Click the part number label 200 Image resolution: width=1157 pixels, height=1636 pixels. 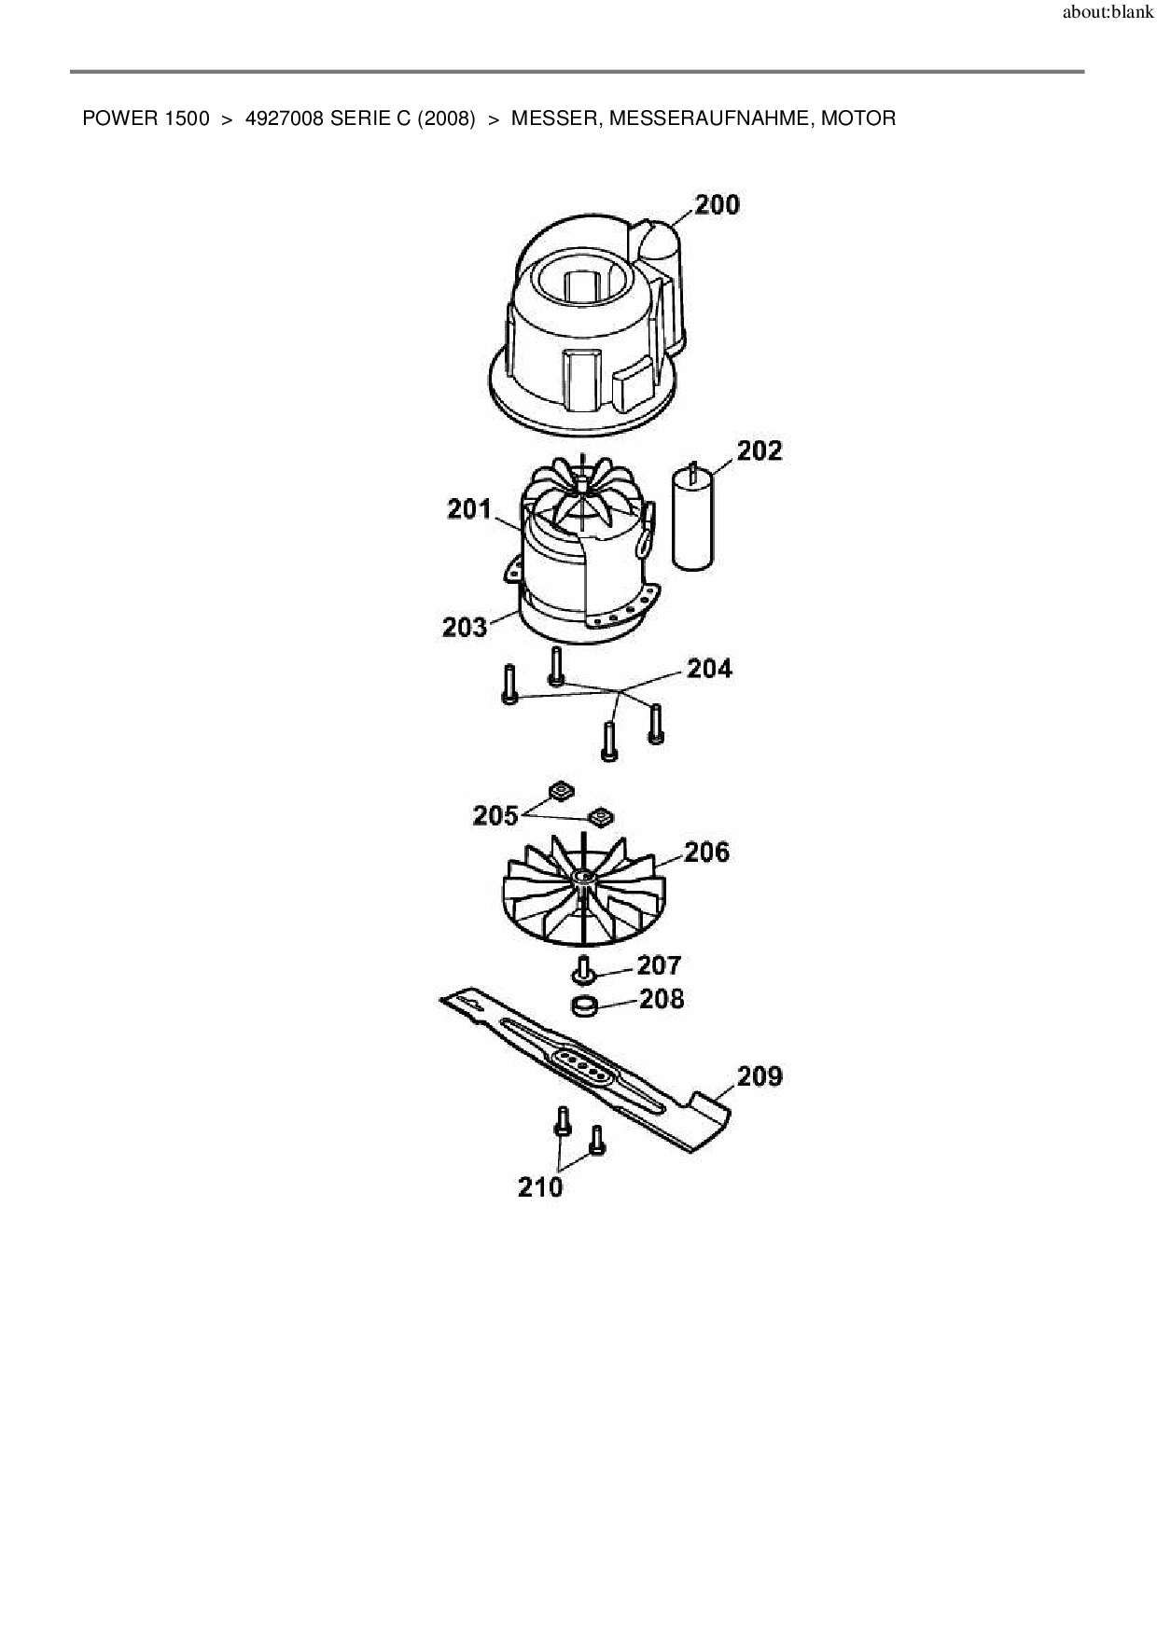(x=717, y=204)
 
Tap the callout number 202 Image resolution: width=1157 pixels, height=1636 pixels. (x=759, y=451)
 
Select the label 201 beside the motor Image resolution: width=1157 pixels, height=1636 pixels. (x=468, y=509)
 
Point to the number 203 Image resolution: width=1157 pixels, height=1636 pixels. (x=465, y=627)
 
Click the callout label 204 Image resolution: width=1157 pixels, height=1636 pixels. (x=709, y=669)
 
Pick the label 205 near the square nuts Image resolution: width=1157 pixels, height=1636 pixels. (x=495, y=816)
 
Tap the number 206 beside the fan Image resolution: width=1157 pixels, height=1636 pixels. (x=706, y=853)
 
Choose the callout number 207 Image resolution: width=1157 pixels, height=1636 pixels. (x=659, y=964)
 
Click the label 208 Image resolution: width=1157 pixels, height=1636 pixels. (x=662, y=1000)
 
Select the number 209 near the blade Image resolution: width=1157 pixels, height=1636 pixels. (x=760, y=1076)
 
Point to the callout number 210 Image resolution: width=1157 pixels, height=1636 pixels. (x=540, y=1187)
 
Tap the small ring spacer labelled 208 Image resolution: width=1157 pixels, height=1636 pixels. (x=584, y=1007)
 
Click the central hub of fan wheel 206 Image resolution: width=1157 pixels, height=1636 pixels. (x=584, y=878)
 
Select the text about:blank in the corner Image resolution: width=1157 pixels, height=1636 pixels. (x=1108, y=14)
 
